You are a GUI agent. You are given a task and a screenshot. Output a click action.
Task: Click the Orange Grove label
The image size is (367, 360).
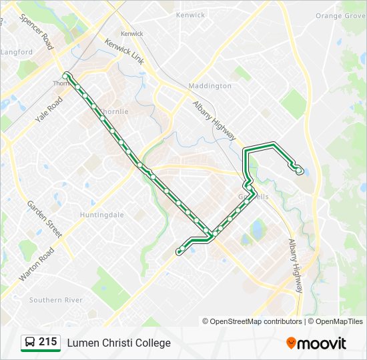coord(340,15)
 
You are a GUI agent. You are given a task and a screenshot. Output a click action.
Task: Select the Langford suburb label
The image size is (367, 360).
coord(17,52)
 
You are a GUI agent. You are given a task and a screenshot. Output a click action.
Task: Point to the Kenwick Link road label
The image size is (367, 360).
coord(124,51)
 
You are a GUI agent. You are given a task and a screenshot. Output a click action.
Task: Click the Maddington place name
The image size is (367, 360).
coord(210,86)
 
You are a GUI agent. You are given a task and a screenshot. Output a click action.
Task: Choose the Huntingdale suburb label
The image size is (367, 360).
coord(101,215)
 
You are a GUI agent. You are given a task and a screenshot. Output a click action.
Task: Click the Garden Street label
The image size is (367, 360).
coord(44,219)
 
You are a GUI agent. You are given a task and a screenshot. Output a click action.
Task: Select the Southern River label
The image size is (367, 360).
coord(56,300)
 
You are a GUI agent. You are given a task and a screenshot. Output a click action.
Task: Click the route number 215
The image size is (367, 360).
coord(47,342)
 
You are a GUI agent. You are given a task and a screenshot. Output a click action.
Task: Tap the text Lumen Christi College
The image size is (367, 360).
coord(119,343)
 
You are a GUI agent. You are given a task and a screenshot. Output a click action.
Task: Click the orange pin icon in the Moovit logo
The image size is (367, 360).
coord(291,343)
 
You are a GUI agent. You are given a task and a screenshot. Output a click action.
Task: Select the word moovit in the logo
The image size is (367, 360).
coord(322,344)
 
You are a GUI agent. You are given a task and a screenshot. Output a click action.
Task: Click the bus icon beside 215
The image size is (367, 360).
coord(29,343)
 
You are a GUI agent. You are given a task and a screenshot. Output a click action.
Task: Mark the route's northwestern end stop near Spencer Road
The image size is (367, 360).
coord(66,75)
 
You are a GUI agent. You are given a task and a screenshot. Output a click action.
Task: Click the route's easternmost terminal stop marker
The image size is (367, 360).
coord(299,171)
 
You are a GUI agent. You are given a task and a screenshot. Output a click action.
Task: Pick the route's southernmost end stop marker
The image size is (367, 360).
coord(178,251)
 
